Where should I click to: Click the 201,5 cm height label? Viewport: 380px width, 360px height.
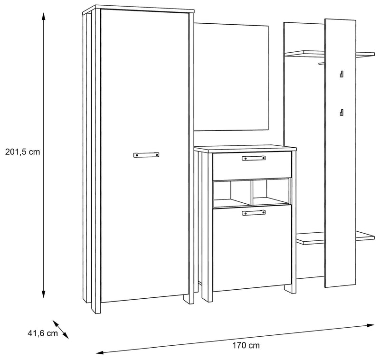coord(22,152)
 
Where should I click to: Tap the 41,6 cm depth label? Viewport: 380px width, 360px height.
coord(43,333)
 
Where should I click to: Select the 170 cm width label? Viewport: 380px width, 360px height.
coord(246,345)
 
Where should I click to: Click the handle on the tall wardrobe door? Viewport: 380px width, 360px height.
coord(146,155)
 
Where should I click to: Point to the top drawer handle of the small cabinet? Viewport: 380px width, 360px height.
coord(254,158)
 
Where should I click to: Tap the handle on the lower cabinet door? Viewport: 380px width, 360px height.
coord(254,213)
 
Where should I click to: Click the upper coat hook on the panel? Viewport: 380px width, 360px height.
coord(342,74)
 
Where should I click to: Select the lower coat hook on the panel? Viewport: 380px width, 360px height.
coord(342,113)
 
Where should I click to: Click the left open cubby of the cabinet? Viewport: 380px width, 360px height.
coord(232,193)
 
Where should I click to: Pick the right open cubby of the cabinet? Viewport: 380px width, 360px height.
coord(271,192)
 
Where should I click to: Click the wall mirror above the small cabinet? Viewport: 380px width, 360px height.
coord(231,77)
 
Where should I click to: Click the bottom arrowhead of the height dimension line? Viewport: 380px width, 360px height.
coord(43,294)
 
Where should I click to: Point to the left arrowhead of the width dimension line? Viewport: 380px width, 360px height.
coord(100,352)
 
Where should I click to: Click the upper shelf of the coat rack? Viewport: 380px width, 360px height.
coord(330,54)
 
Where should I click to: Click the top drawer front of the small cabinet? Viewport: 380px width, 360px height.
coord(252,165)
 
